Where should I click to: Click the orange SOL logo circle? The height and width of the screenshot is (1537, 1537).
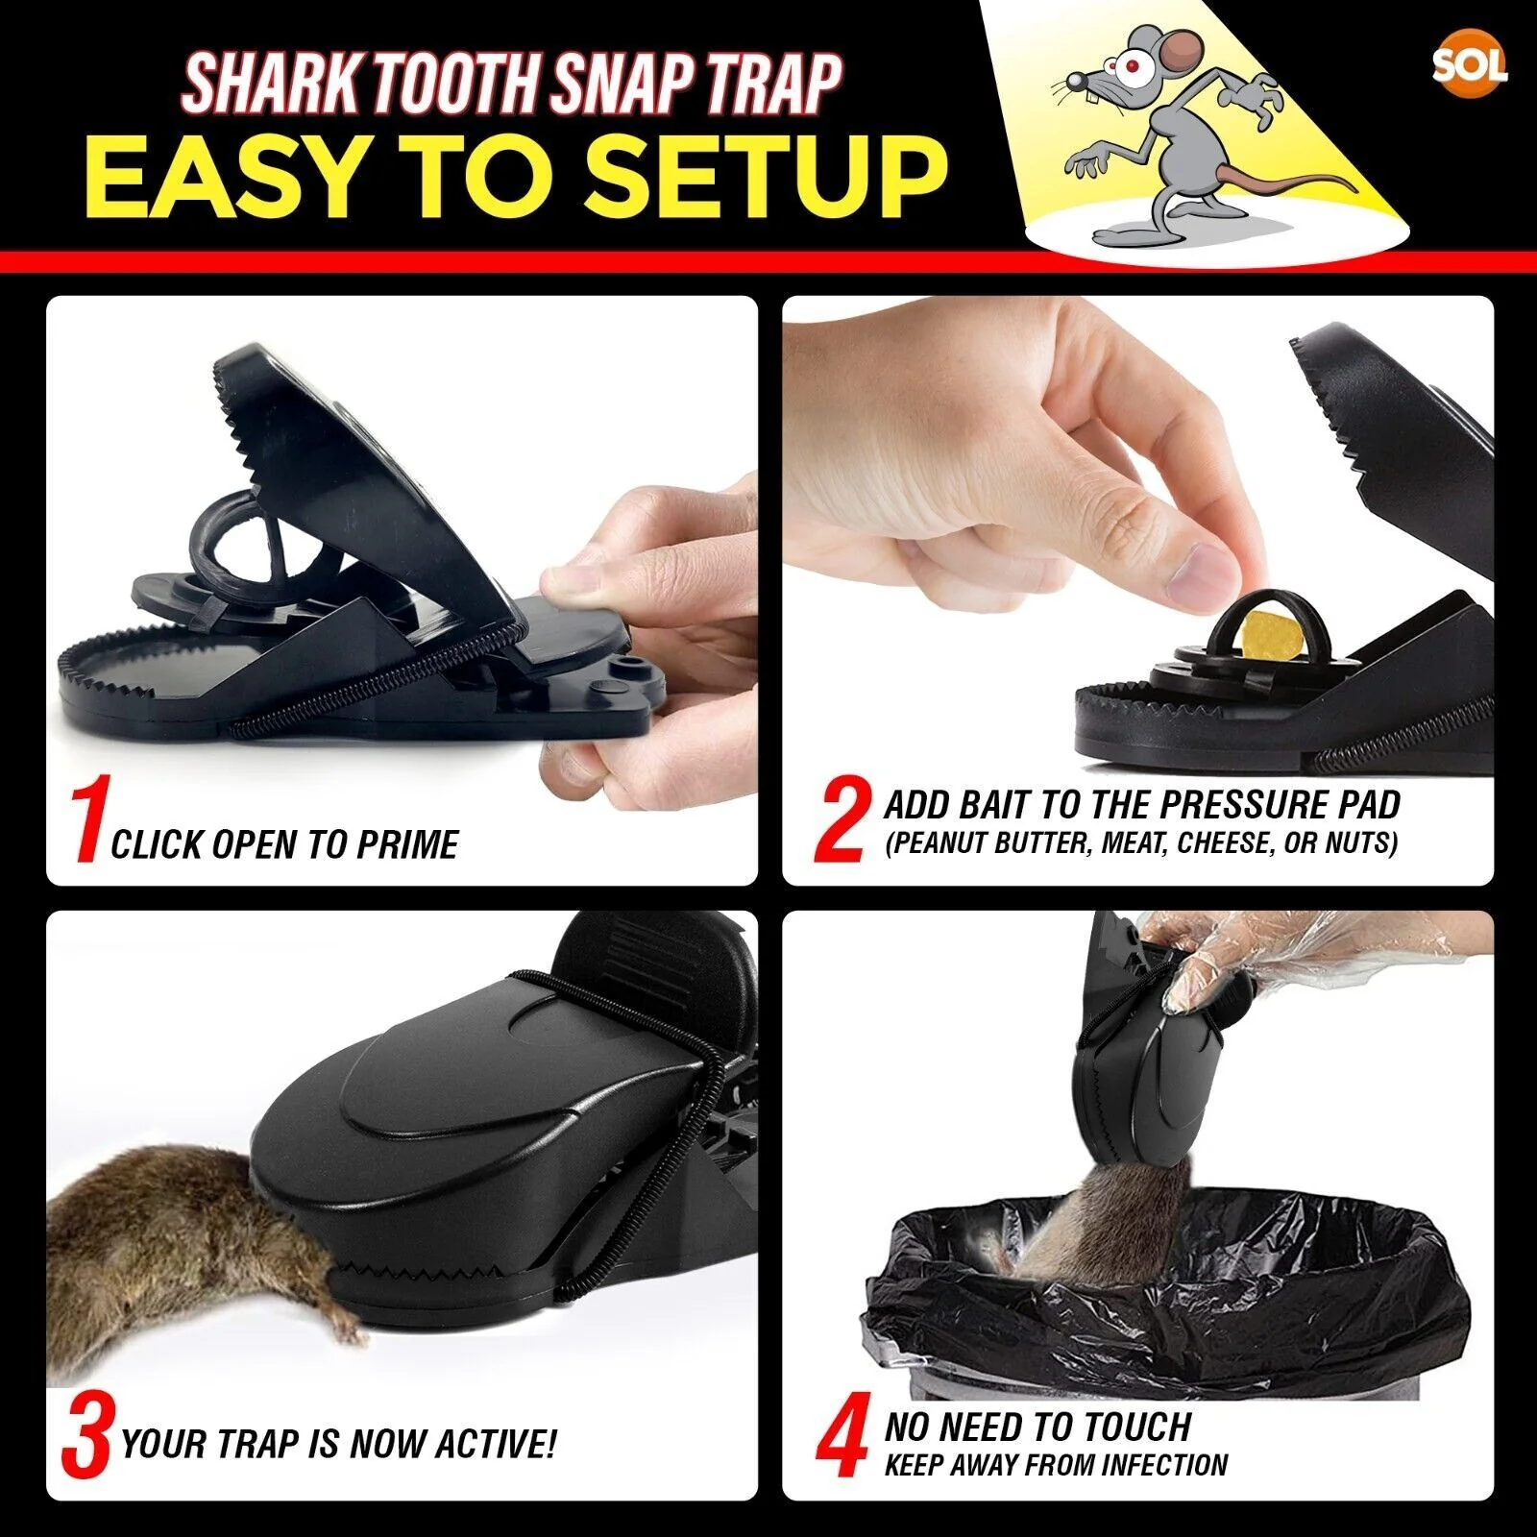click(1469, 65)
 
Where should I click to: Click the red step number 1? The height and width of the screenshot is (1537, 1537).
click(88, 823)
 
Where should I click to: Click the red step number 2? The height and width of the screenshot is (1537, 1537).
click(842, 820)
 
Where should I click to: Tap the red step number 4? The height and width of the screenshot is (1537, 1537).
click(842, 1441)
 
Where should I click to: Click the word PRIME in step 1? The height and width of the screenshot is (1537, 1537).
click(407, 844)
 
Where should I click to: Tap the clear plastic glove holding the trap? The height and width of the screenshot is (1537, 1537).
click(1210, 970)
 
